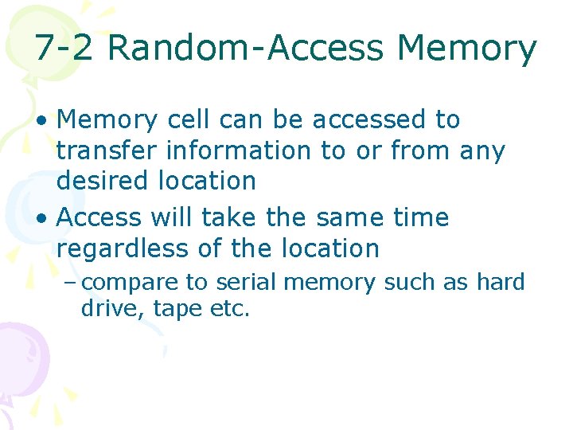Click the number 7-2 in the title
[x=66, y=49]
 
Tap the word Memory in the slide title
[x=467, y=49]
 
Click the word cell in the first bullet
[x=188, y=119]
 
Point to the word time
[x=421, y=217]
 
